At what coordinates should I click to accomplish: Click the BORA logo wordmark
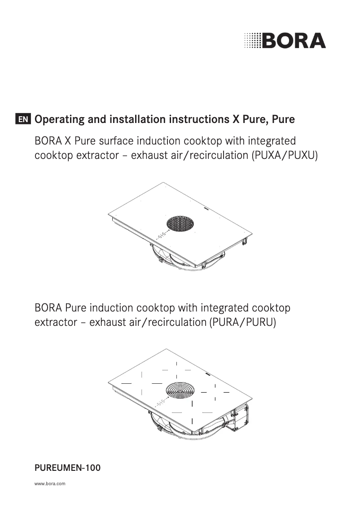(x=294, y=41)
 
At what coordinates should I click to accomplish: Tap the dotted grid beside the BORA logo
(x=252, y=41)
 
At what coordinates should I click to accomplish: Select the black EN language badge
(x=23, y=120)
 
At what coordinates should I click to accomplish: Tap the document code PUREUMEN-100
(x=67, y=468)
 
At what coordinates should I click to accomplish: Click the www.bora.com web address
(x=50, y=484)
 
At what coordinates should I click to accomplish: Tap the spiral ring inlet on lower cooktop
(x=180, y=391)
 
